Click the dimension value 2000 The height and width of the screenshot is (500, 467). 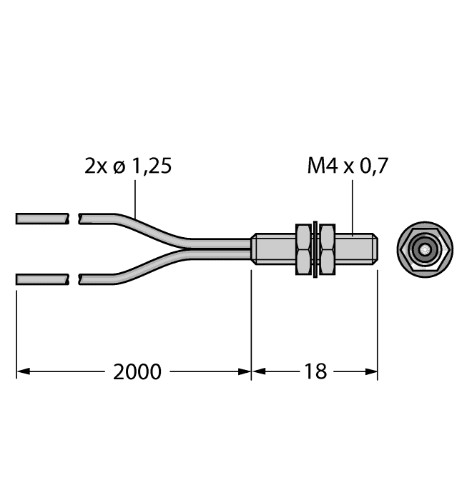click(x=135, y=371)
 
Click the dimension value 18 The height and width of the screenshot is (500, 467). click(x=315, y=371)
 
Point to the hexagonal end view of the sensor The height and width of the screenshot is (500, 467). click(x=424, y=249)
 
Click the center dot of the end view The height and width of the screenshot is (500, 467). click(x=425, y=249)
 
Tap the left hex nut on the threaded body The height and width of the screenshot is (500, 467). click(x=304, y=249)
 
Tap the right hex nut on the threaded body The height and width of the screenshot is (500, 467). click(x=327, y=249)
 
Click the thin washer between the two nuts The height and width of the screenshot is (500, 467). click(x=315, y=249)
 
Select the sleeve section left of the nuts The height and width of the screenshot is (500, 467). click(x=273, y=249)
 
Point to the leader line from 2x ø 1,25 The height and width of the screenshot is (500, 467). click(x=136, y=199)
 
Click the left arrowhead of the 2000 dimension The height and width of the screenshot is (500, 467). click(x=21, y=371)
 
